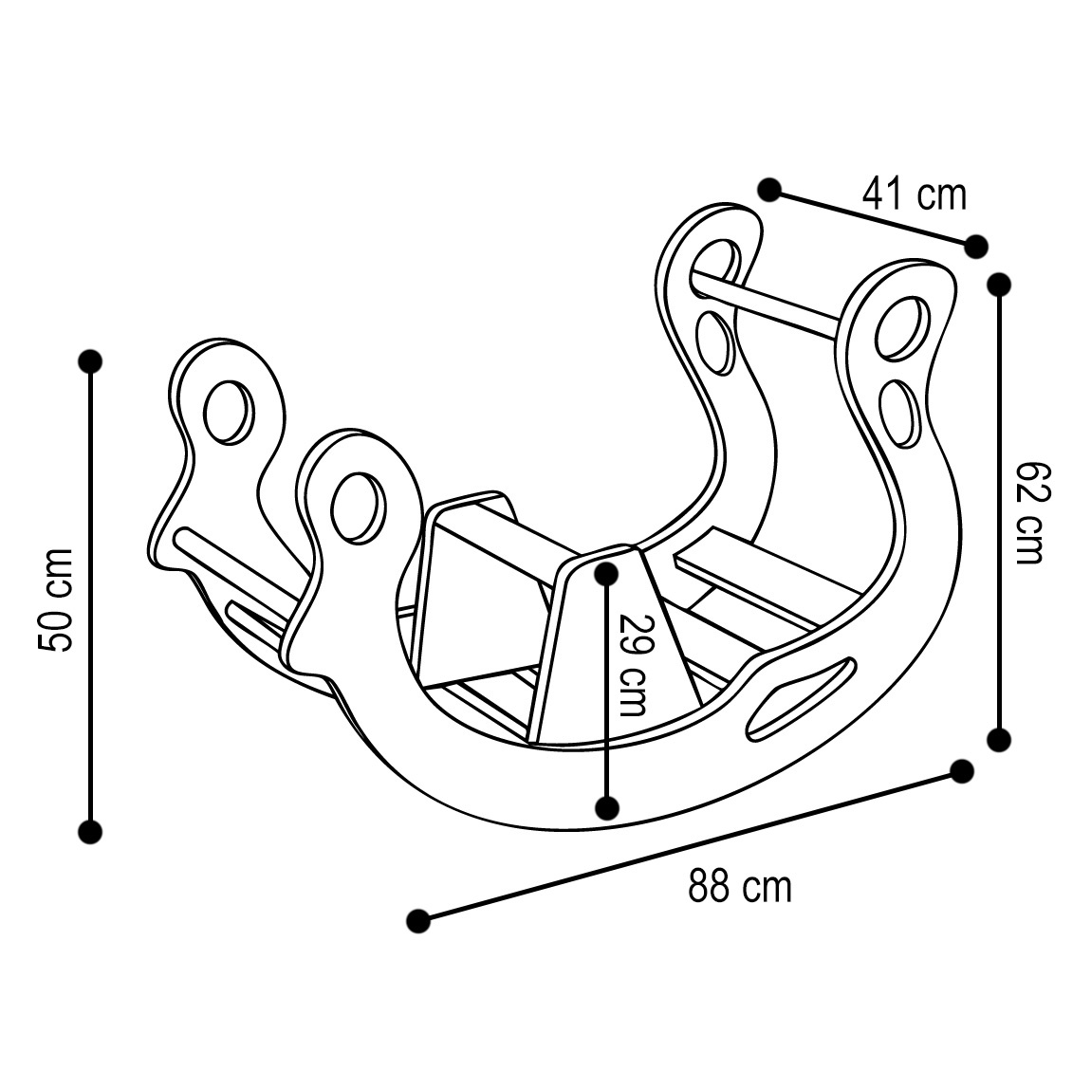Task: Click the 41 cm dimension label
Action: pyautogui.click(x=914, y=194)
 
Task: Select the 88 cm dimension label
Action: pyautogui.click(x=739, y=888)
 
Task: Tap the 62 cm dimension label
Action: pyautogui.click(x=1029, y=512)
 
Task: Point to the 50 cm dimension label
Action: pyautogui.click(x=55, y=600)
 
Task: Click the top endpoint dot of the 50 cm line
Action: pyautogui.click(x=90, y=360)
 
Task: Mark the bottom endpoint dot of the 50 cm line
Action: pyautogui.click(x=90, y=832)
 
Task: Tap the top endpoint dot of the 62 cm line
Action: pyautogui.click(x=999, y=284)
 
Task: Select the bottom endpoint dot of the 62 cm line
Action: pyautogui.click(x=999, y=739)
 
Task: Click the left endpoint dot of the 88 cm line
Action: pyautogui.click(x=416, y=920)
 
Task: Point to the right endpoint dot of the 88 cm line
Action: pyautogui.click(x=962, y=771)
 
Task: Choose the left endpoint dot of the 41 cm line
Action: pyautogui.click(x=769, y=189)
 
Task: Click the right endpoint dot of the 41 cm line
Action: pyautogui.click(x=975, y=246)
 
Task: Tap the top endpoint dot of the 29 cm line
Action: pyautogui.click(x=606, y=571)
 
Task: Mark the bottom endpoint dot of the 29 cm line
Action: pyautogui.click(x=606, y=807)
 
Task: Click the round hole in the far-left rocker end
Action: pyautogui.click(x=229, y=411)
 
